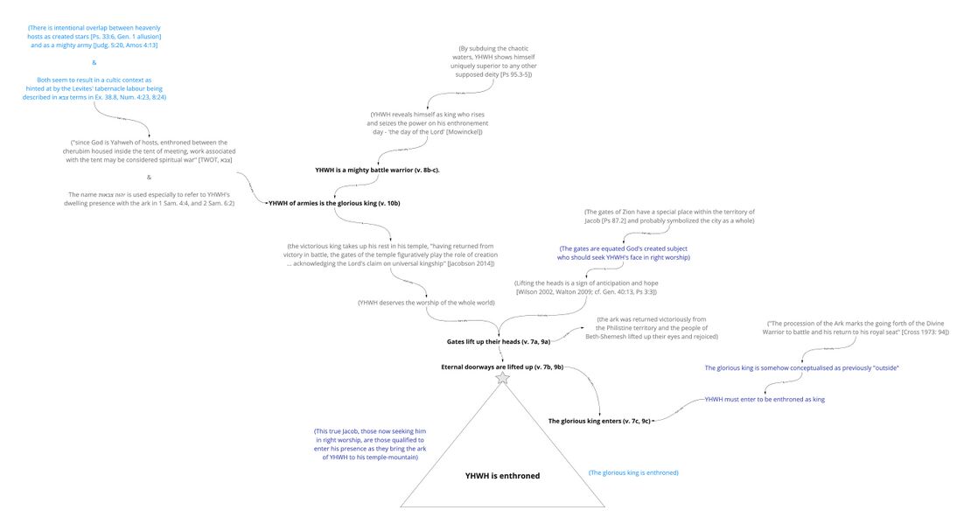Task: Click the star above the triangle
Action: pyautogui.click(x=503, y=378)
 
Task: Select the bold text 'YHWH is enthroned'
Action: pyautogui.click(x=502, y=476)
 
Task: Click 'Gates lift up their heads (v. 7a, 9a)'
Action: pyautogui.click(x=498, y=341)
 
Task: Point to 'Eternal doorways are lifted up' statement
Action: pyautogui.click(x=502, y=367)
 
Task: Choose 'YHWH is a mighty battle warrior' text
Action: pyautogui.click(x=377, y=170)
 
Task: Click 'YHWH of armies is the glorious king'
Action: pyautogui.click(x=334, y=203)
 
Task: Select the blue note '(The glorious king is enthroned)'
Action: pyautogui.click(x=633, y=472)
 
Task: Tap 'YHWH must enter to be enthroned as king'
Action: pyautogui.click(x=765, y=399)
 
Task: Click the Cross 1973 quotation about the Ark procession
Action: pyautogui.click(x=857, y=328)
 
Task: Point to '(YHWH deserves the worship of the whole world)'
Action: pyautogui.click(x=426, y=303)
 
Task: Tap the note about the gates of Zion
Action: pyautogui.click(x=669, y=216)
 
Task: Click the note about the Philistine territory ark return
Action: pyautogui.click(x=652, y=328)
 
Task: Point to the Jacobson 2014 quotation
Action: pyautogui.click(x=390, y=255)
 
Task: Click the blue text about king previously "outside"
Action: pyautogui.click(x=801, y=368)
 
